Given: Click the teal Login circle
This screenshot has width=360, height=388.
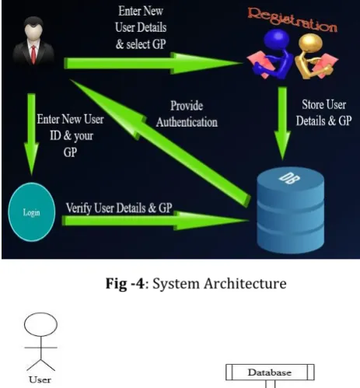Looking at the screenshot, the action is tap(32, 212).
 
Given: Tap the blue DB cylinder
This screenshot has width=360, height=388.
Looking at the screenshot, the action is tap(290, 211).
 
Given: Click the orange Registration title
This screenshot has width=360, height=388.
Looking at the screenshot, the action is tap(292, 19).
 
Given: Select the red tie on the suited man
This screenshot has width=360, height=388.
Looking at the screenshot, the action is tap(33, 54).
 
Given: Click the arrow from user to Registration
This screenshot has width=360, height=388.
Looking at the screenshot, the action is tap(153, 63).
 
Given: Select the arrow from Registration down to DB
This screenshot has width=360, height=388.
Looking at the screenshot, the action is tap(282, 124).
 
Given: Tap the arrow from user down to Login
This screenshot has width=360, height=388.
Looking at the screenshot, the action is tap(31, 135).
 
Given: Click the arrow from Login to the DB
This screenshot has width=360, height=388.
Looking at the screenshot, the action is tap(155, 221).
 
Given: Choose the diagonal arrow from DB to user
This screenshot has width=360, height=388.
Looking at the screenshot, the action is tap(160, 143).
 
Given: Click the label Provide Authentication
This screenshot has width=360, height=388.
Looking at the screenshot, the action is tap(187, 114).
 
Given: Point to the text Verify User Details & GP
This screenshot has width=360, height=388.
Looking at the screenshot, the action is tap(119, 208).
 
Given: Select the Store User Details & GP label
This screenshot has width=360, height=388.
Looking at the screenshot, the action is tap(323, 113).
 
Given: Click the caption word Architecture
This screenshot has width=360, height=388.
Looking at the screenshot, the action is tap(245, 283).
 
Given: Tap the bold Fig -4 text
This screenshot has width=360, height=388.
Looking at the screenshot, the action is tap(124, 283).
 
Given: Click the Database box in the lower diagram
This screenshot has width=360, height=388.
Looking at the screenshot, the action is tap(270, 372).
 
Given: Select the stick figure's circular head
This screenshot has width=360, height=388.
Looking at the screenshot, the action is tap(40, 324).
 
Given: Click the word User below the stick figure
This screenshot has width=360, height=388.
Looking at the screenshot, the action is tap(40, 379).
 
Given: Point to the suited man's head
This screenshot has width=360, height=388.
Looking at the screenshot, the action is tap(33, 29).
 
